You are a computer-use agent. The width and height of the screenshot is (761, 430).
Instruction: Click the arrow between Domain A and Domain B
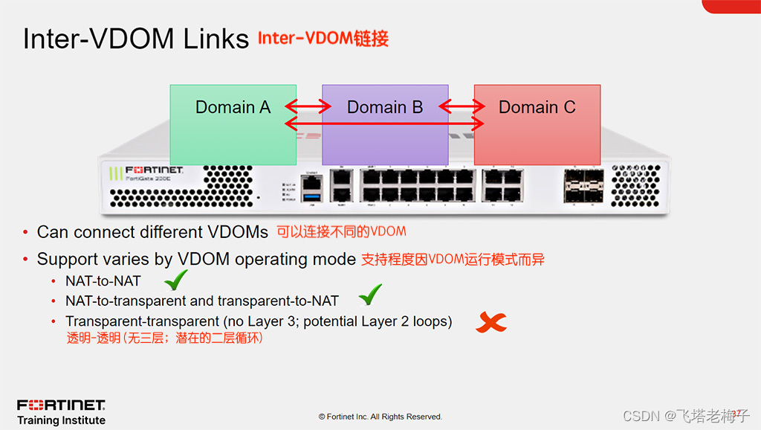(x=308, y=107)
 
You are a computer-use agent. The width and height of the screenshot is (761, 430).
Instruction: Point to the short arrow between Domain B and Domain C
(x=461, y=107)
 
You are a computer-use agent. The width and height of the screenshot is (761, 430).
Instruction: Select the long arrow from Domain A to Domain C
(x=385, y=121)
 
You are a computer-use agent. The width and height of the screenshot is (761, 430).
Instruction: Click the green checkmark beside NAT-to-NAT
(x=175, y=280)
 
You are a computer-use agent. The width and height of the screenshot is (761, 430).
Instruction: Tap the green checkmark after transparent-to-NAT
(x=370, y=295)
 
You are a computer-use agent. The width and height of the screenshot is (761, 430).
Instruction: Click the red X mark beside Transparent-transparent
(x=491, y=322)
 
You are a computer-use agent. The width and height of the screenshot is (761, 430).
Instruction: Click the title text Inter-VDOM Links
(x=136, y=39)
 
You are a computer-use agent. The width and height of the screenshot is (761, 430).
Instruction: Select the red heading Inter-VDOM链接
(x=323, y=38)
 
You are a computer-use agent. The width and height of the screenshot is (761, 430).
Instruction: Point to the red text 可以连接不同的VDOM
(x=341, y=231)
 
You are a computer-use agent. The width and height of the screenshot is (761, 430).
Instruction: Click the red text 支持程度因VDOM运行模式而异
(x=453, y=260)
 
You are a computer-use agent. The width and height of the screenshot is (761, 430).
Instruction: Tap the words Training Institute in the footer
(x=61, y=420)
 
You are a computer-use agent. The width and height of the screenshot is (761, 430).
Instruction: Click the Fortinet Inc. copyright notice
(x=380, y=417)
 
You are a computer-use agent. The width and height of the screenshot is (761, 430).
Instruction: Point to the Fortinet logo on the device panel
(x=154, y=170)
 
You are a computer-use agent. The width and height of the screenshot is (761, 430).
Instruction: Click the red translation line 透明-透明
(x=164, y=338)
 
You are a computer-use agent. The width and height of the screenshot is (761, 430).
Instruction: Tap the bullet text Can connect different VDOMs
(x=152, y=232)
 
